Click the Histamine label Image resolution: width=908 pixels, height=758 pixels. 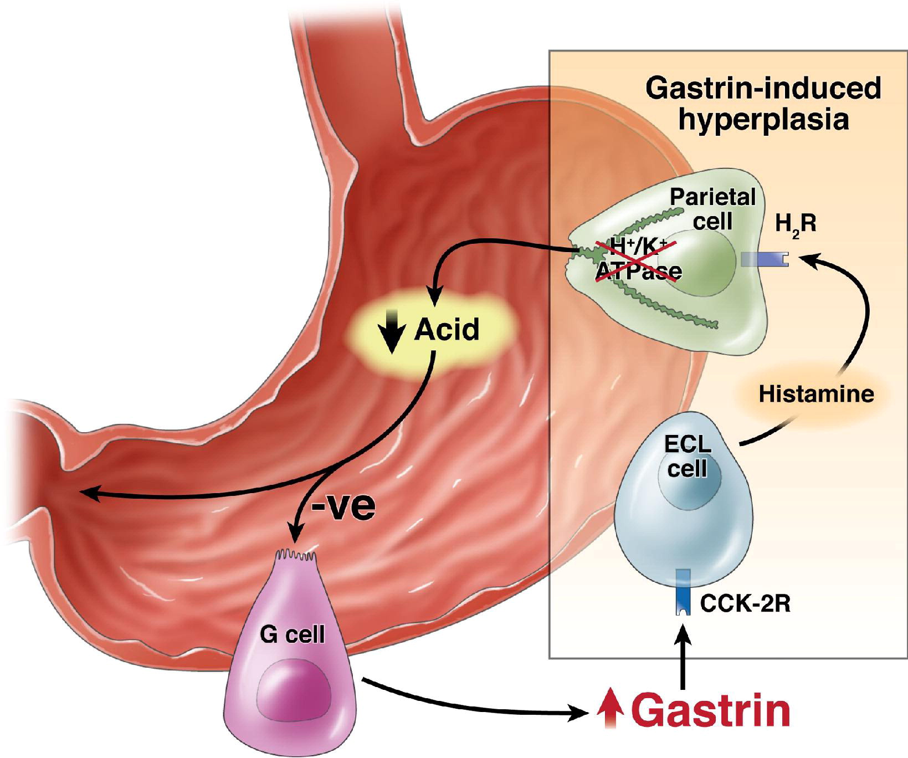click(816, 394)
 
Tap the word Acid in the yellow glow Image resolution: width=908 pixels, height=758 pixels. click(447, 330)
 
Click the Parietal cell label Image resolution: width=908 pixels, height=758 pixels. click(712, 209)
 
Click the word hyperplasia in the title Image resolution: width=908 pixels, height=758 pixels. click(763, 120)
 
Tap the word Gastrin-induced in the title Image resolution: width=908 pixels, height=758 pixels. click(763, 89)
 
